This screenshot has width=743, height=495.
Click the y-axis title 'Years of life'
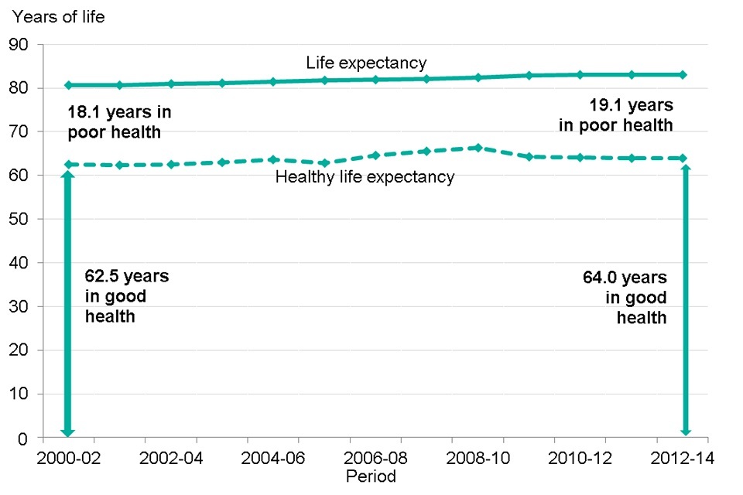point(58,18)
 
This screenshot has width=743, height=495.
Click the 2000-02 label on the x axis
point(68,459)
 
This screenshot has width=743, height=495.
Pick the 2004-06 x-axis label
point(273,459)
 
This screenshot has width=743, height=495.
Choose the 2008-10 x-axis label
point(478,459)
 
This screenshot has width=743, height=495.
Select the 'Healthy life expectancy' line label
point(365,177)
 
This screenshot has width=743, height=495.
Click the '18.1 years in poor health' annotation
point(120,122)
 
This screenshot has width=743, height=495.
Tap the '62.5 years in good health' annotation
point(127,296)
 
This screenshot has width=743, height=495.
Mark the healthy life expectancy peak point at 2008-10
point(478,148)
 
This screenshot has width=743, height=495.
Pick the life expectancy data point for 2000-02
point(68,85)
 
